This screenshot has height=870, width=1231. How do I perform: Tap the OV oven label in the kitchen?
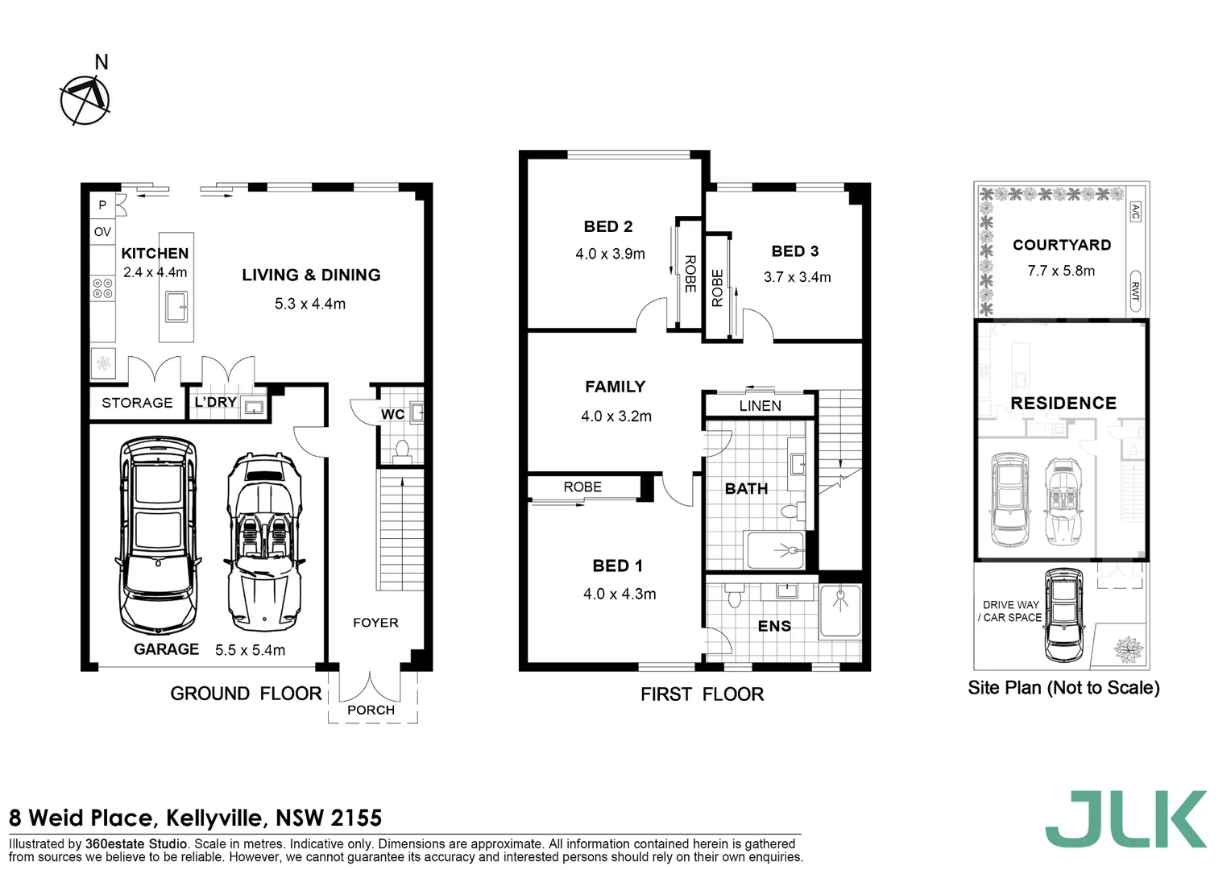(102, 232)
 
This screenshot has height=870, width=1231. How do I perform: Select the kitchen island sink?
(176, 307)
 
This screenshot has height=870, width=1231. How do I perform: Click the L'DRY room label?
(215, 402)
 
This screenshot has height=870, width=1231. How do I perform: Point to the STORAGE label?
(137, 403)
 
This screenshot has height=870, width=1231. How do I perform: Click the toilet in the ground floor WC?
(401, 448)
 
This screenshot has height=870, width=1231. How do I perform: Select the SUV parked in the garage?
(158, 536)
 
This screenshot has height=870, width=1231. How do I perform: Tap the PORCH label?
(371, 710)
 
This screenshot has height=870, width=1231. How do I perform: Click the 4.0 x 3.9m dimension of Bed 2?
(610, 254)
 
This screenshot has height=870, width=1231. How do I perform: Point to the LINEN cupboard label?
(760, 406)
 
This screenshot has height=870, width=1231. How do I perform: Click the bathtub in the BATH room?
(775, 551)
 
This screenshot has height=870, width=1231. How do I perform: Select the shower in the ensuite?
(839, 611)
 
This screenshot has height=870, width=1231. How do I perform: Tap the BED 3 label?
(794, 251)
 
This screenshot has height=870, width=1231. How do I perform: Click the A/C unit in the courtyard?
(1134, 212)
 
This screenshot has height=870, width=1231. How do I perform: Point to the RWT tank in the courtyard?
(1134, 291)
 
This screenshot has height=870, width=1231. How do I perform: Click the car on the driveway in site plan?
(1063, 614)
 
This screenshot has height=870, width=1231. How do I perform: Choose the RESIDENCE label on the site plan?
(1063, 404)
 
